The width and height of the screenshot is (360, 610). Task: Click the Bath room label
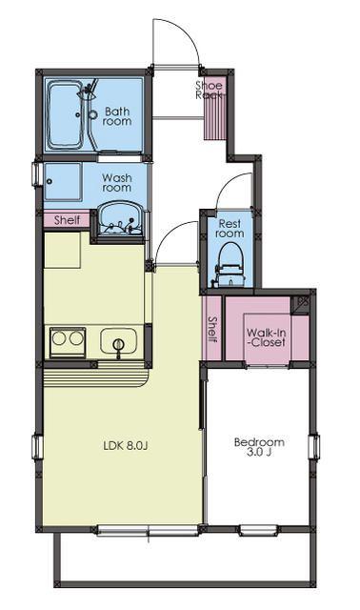tap(117, 116)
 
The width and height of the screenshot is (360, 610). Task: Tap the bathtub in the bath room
tap(64, 114)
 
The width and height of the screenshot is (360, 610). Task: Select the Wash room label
tap(116, 182)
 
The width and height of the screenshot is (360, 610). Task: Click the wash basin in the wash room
tap(120, 218)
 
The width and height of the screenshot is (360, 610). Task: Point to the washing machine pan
tap(63, 182)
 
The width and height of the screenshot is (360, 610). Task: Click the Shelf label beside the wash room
tap(67, 220)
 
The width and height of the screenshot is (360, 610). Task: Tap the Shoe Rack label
tap(209, 90)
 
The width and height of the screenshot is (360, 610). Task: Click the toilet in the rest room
tap(230, 265)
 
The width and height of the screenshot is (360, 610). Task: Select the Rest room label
tap(230, 229)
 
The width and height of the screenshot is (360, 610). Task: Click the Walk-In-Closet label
tap(267, 337)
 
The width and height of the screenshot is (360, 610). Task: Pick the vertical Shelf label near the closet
tap(212, 329)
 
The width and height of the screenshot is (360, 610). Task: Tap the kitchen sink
tap(119, 341)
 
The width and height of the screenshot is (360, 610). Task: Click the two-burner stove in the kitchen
tap(68, 342)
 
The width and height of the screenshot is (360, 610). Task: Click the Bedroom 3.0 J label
tap(259, 447)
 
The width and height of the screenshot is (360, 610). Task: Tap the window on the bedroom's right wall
tap(314, 447)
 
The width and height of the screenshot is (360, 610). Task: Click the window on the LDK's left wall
tap(37, 447)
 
